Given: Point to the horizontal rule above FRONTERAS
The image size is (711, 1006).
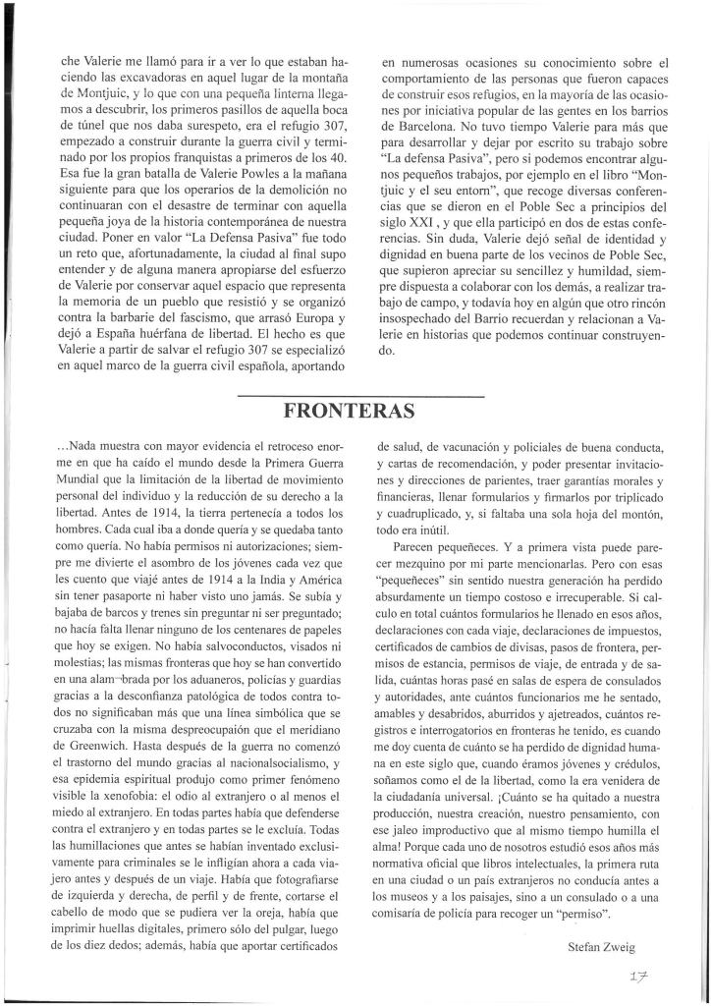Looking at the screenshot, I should [x=361, y=396].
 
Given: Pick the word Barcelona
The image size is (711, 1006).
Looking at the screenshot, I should [x=425, y=127].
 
